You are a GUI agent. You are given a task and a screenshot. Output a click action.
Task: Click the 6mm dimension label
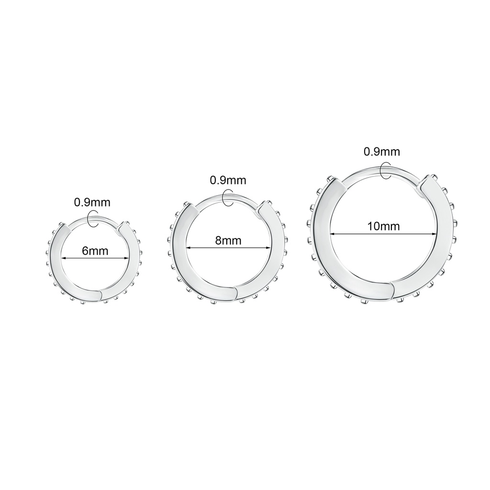pyautogui.click(x=95, y=251)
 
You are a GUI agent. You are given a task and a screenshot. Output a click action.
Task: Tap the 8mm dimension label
pyautogui.click(x=228, y=240)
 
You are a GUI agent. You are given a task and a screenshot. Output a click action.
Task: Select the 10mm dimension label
pyautogui.click(x=383, y=226)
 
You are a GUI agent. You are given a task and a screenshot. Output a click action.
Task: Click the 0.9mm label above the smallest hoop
pyautogui.click(x=92, y=202)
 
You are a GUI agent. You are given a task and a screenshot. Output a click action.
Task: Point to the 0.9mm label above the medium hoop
pyautogui.click(x=228, y=180)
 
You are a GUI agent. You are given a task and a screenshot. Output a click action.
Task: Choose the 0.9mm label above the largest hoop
pyautogui.click(x=382, y=152)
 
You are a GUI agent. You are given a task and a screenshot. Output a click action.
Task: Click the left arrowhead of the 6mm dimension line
pyautogui.click(x=64, y=258)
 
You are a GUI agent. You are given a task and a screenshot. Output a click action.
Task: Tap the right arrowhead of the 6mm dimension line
pyautogui.click(x=126, y=258)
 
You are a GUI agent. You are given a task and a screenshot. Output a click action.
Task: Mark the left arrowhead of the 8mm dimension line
pyautogui.click(x=189, y=248)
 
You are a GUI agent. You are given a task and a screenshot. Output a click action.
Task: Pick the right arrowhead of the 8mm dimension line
pyautogui.click(x=267, y=248)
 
